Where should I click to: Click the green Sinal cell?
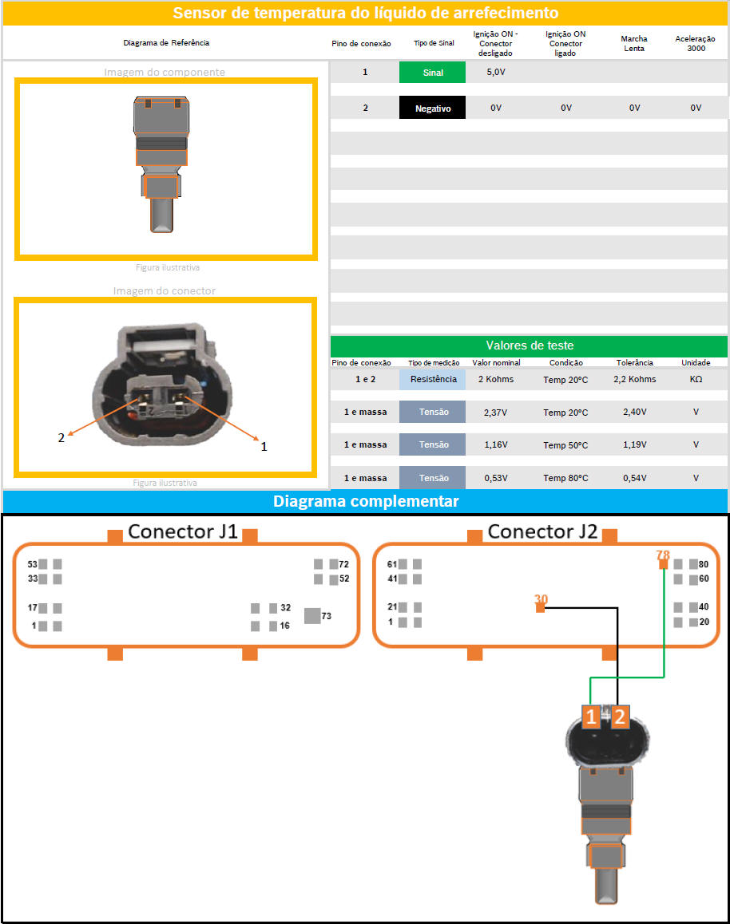432,73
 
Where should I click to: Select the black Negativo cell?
432,108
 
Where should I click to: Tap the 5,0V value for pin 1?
496,73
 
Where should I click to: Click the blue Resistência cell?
433,379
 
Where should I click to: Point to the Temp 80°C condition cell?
565,478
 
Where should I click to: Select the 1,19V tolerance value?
634,444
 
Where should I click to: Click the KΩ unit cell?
696,379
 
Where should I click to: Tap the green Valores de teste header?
529,346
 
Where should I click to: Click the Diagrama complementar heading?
365,501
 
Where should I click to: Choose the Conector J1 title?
183,531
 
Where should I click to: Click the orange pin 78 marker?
663,564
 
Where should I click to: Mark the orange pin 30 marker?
541,608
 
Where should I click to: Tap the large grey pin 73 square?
313,615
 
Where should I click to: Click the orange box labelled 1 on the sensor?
591,717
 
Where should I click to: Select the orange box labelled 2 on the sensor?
620,717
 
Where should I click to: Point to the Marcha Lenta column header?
634,43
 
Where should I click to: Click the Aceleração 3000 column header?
695,43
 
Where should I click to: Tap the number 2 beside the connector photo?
61,437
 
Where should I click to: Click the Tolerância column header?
634,362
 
